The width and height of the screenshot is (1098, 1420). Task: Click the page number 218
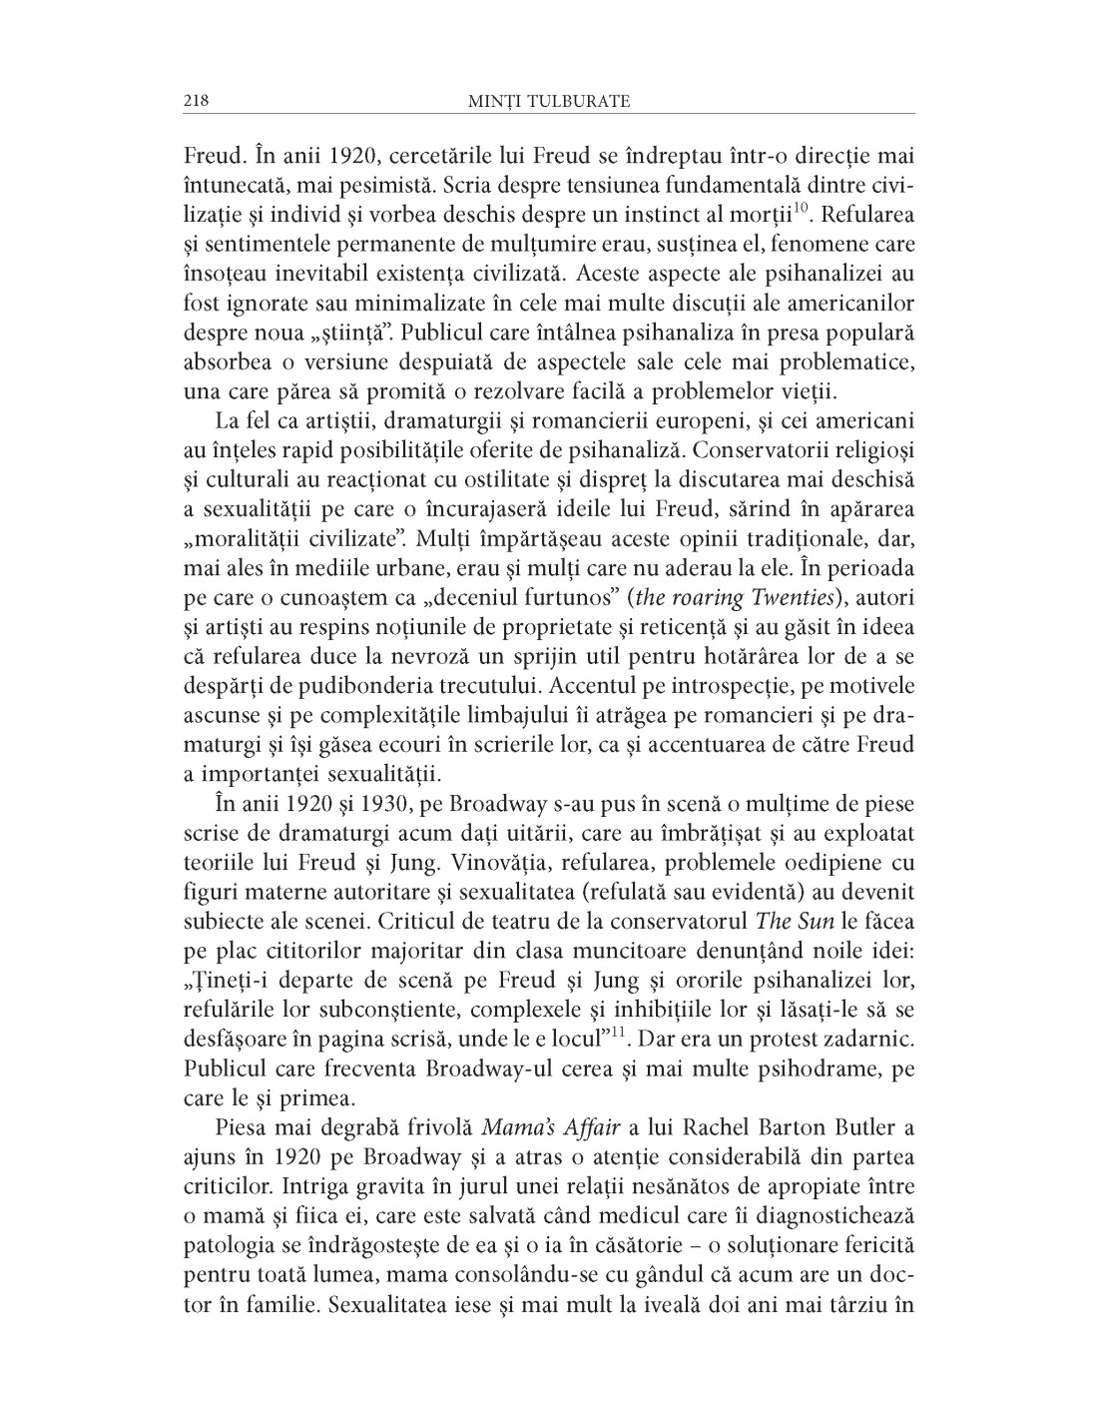pyautogui.click(x=195, y=101)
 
